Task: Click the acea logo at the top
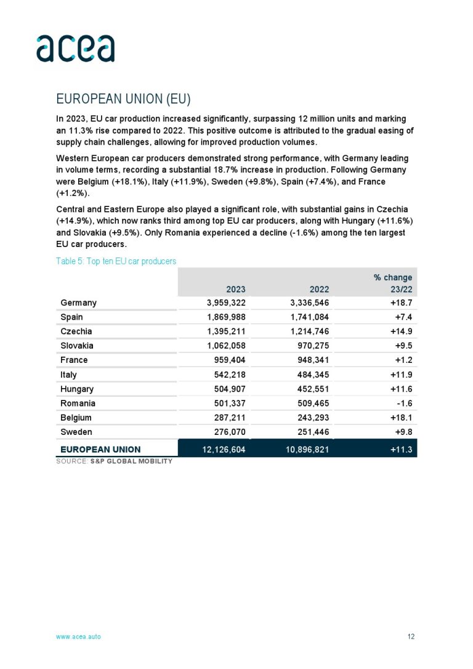click(x=75, y=49)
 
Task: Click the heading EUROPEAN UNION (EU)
click(x=123, y=99)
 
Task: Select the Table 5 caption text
click(x=116, y=261)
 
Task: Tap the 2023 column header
click(x=235, y=289)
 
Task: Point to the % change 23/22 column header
click(x=393, y=283)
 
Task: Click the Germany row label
click(x=79, y=302)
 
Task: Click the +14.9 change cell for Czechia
click(x=400, y=331)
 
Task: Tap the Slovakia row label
click(x=77, y=346)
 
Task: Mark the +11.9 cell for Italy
click(x=400, y=375)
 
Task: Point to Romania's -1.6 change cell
click(x=405, y=403)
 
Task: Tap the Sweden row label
click(x=76, y=432)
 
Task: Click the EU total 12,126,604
click(x=224, y=450)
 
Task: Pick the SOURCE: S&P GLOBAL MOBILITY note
click(x=114, y=461)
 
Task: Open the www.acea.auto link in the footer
click(x=78, y=636)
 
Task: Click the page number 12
click(x=411, y=636)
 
